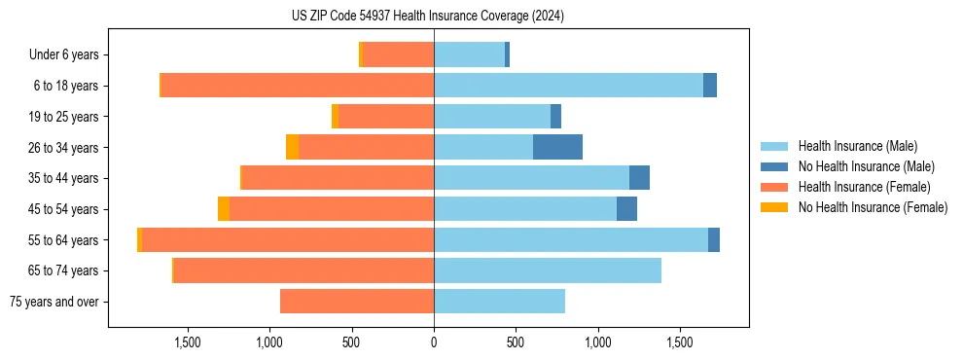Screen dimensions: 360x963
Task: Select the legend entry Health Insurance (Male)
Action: point(857,146)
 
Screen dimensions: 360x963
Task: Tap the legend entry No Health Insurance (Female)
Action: point(873,207)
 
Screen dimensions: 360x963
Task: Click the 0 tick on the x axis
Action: point(434,342)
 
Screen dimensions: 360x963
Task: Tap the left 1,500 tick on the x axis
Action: point(187,342)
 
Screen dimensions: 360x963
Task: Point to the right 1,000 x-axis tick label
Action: point(598,342)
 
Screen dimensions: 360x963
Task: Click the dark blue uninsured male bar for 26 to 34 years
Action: point(557,147)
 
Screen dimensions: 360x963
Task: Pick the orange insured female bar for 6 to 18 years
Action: point(298,86)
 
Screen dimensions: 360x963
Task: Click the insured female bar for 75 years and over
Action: point(357,302)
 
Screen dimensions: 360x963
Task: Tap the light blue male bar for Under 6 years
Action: point(469,54)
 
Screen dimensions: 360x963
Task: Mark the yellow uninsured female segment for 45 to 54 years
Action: point(224,209)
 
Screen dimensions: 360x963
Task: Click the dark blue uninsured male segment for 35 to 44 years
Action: point(639,178)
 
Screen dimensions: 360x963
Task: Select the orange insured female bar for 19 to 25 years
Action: point(385,117)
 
